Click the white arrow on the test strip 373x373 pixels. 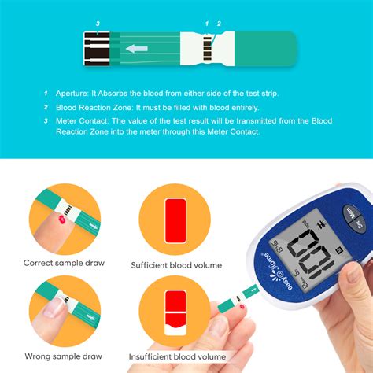(137, 49)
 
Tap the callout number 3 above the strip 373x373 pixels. (97, 24)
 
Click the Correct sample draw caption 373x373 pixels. (64, 263)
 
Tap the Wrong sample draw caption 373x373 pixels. (64, 356)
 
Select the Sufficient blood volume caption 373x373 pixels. (176, 265)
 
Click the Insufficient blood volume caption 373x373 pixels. (175, 356)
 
